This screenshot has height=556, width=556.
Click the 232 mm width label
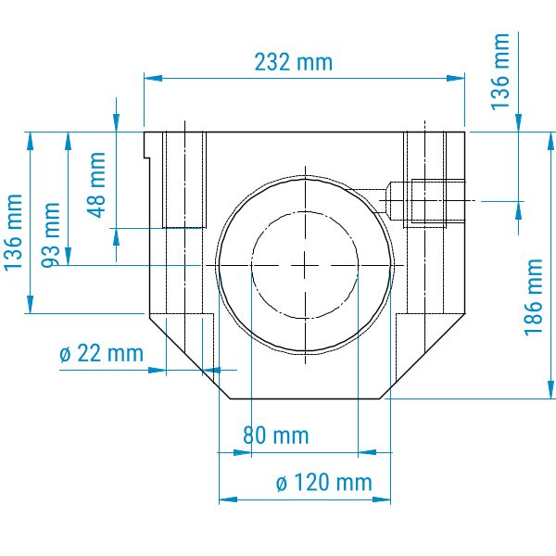point(294,62)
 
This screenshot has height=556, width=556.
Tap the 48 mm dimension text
point(96,184)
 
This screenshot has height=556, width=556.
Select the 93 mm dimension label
point(51,234)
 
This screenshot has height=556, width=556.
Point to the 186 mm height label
point(534,297)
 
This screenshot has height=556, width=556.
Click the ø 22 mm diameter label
point(101,353)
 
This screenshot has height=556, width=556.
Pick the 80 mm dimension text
point(275,436)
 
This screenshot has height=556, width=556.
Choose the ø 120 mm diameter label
point(323,483)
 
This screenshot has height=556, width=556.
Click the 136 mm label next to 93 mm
point(14,233)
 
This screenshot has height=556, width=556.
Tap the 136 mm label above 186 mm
point(500,71)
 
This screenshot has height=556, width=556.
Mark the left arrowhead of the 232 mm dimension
point(153,79)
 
